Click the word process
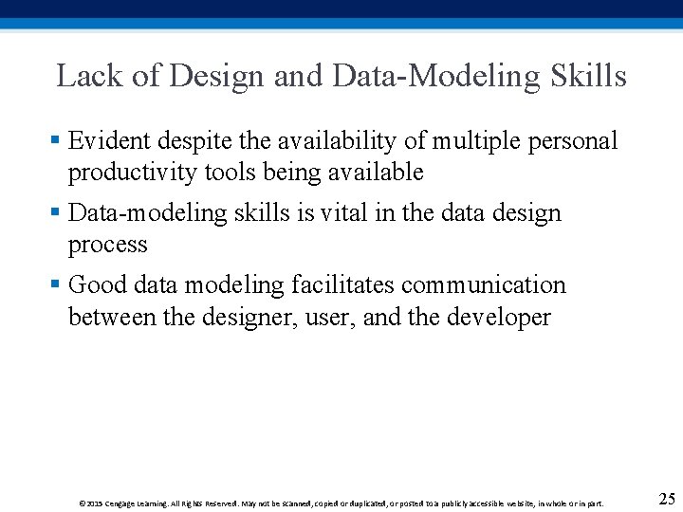(x=108, y=245)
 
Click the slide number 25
(x=666, y=499)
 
